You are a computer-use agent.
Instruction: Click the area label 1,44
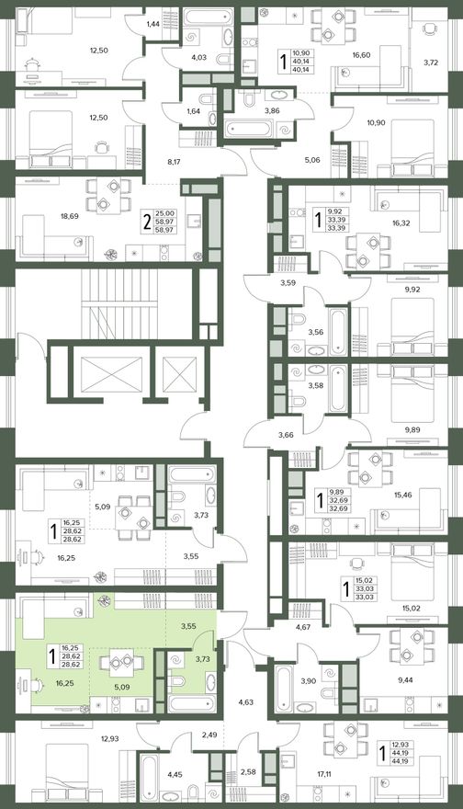153,24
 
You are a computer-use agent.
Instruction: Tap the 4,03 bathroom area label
198,57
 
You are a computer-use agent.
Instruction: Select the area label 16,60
361,54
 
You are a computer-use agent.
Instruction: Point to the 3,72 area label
431,63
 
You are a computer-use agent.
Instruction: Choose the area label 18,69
70,216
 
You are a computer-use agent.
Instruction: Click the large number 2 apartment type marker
147,222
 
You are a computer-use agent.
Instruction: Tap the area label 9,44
405,680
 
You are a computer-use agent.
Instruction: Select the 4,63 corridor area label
245,701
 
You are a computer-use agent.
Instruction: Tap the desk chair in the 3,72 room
429,29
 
